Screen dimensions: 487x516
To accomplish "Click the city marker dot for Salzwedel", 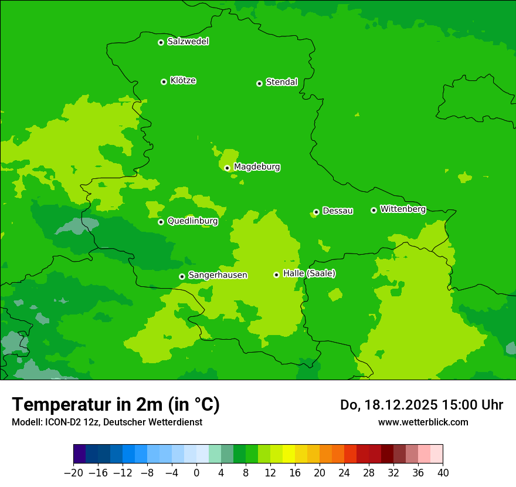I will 161,42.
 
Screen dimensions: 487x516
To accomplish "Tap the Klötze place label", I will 183,80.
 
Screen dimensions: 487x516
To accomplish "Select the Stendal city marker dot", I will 259,83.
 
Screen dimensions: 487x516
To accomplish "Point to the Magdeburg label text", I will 257,167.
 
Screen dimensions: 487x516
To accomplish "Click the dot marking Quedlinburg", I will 161,222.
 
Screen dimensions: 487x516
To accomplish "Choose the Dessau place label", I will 338,211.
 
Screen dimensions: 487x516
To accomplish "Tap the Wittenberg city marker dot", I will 374,210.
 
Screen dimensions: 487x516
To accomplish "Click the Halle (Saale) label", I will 309,273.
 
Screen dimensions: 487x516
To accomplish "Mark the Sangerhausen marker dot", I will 182,276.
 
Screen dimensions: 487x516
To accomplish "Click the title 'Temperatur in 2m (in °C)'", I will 116,404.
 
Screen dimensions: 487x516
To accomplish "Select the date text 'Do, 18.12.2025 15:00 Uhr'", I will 422,405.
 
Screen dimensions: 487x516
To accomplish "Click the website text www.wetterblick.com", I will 423,422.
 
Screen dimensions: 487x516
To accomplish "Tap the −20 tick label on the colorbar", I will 73,472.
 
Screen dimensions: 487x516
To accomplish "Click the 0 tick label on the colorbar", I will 196,472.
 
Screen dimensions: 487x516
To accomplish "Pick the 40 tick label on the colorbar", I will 443,472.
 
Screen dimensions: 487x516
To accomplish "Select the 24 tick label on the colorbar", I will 344,472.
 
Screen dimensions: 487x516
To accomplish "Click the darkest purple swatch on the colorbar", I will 80,454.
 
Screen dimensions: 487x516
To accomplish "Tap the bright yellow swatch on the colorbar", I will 288,454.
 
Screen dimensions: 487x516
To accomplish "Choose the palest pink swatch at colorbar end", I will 436,454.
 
